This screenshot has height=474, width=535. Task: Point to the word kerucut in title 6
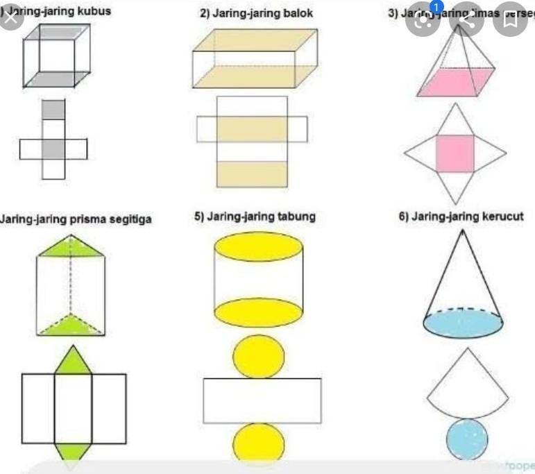(x=502, y=217)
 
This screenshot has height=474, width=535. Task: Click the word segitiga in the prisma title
(x=128, y=220)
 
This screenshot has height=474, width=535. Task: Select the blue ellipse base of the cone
(x=460, y=323)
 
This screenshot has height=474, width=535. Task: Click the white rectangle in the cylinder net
(x=262, y=400)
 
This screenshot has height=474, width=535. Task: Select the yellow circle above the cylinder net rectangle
(x=258, y=356)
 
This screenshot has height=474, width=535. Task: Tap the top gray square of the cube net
(x=53, y=109)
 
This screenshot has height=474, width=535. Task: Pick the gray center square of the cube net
(x=53, y=149)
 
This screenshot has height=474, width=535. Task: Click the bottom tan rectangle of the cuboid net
(x=252, y=173)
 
